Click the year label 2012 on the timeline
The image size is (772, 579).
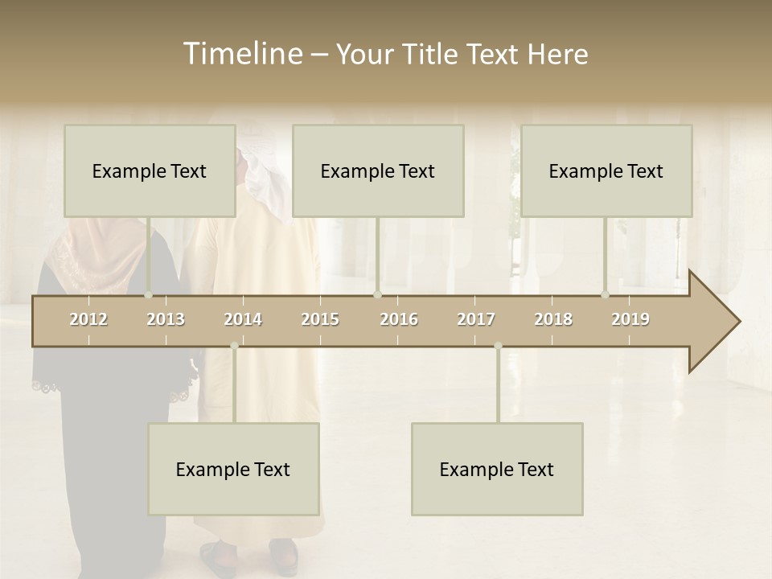coord(88,319)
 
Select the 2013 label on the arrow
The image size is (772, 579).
coord(166,319)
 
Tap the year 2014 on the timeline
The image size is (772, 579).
coord(243,319)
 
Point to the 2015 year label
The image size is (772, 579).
coord(320,319)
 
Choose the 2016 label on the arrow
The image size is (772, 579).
coord(399,319)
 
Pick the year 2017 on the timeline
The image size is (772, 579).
coord(476,319)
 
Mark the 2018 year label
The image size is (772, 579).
coord(553,319)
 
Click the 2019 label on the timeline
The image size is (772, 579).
coord(630,319)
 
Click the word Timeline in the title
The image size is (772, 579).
coord(242,54)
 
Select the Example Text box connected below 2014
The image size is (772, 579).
coord(233,469)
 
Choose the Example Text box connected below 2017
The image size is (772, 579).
coord(497,469)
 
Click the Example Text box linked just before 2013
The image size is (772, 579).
coord(150,170)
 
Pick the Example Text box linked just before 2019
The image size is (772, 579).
coord(606,170)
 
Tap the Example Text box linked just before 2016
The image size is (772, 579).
coord(378,170)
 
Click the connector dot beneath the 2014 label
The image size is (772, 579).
coord(234,346)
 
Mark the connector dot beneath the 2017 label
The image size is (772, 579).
coord(498,346)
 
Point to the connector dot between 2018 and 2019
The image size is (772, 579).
coord(606,294)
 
